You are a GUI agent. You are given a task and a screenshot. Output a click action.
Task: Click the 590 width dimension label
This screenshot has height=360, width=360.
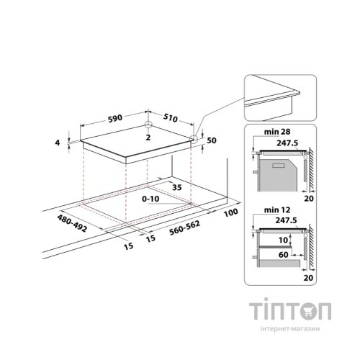coord(115,118)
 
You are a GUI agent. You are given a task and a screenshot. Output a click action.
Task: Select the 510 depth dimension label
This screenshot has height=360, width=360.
coord(170,117)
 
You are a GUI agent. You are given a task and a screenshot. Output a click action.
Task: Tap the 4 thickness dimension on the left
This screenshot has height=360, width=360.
coord(57,143)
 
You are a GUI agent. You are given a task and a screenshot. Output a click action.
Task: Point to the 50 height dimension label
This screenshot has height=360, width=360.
coord(212,140)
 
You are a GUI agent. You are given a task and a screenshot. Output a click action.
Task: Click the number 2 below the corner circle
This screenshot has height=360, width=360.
coord(148,138)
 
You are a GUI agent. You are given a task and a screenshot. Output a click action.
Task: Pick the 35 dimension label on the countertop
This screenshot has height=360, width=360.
coord(177,187)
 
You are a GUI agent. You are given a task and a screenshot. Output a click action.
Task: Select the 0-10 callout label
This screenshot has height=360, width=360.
coord(150,199)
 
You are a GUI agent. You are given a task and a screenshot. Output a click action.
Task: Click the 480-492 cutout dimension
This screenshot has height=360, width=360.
coord(72,223)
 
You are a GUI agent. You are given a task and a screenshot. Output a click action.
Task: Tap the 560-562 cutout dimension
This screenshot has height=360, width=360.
coord(184,228)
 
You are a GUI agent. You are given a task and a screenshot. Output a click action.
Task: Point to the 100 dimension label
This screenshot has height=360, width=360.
coord(231,212)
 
